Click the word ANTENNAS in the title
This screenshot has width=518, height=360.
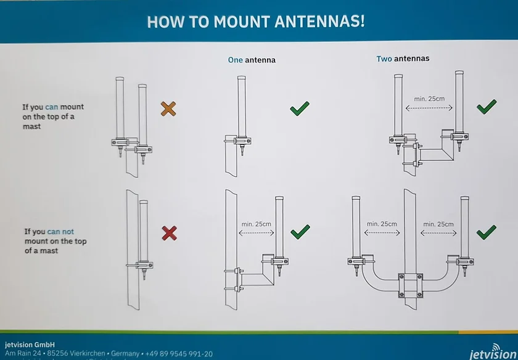pyautogui.click(x=319, y=22)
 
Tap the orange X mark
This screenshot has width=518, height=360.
pyautogui.click(x=168, y=108)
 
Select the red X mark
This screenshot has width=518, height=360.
pyautogui.click(x=170, y=233)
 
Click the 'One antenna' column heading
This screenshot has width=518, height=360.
pyautogui.click(x=252, y=60)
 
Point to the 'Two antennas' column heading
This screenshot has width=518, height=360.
pyautogui.click(x=403, y=59)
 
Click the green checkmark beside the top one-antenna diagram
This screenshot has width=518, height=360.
pyautogui.click(x=300, y=108)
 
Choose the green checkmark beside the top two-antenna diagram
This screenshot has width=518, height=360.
pyautogui.click(x=487, y=107)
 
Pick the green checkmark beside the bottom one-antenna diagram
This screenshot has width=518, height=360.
pyautogui.click(x=300, y=232)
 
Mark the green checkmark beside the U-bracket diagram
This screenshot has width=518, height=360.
pyautogui.click(x=487, y=232)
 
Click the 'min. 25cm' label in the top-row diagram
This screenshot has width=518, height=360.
pyautogui.click(x=429, y=99)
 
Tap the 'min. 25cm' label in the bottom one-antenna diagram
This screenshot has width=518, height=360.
pyautogui.click(x=257, y=224)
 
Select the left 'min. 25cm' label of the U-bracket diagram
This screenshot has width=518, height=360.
pyautogui.click(x=382, y=224)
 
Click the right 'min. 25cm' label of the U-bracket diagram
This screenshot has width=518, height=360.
pyautogui.click(x=438, y=224)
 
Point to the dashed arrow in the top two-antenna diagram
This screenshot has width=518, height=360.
pyautogui.click(x=429, y=108)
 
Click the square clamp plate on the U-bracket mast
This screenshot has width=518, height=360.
pyautogui.click(x=410, y=285)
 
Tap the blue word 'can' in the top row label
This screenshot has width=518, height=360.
pyautogui.click(x=52, y=107)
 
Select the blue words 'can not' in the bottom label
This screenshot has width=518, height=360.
pyautogui.click(x=61, y=232)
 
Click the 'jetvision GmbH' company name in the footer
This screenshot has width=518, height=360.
pyautogui.click(x=30, y=345)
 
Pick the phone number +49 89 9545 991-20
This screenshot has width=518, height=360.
pyautogui.click(x=179, y=354)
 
